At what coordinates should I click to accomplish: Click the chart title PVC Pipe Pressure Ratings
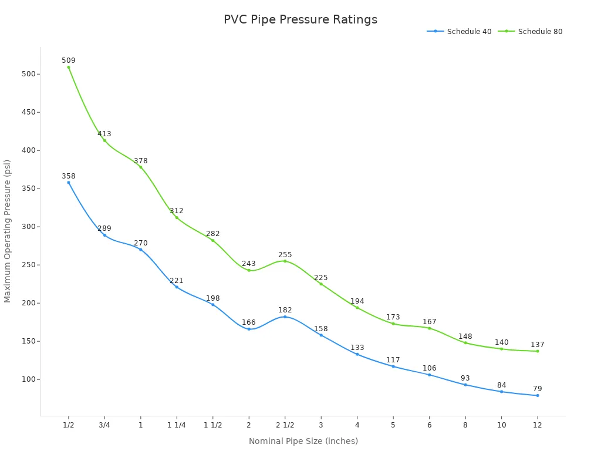[x=300, y=19]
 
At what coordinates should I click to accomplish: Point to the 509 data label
[x=69, y=60]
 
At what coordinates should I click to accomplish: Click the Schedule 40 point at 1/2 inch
[x=69, y=183]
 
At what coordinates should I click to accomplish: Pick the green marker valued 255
[x=285, y=261]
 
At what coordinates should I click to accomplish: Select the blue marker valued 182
[x=285, y=317]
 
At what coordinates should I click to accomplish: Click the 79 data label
[x=537, y=389]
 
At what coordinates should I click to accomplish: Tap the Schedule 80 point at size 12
[x=537, y=351]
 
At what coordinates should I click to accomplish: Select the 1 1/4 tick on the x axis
[x=177, y=425]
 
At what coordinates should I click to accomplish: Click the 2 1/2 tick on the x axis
[x=285, y=425]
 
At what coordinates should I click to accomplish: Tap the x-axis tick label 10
[x=501, y=425]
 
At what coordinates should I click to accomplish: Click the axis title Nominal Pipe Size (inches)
[x=303, y=441]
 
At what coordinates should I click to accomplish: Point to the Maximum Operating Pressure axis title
[x=8, y=231]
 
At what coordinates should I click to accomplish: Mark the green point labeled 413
[x=104, y=140]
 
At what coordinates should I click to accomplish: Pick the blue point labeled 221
[x=177, y=287]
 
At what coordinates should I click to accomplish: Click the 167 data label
[x=429, y=322]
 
